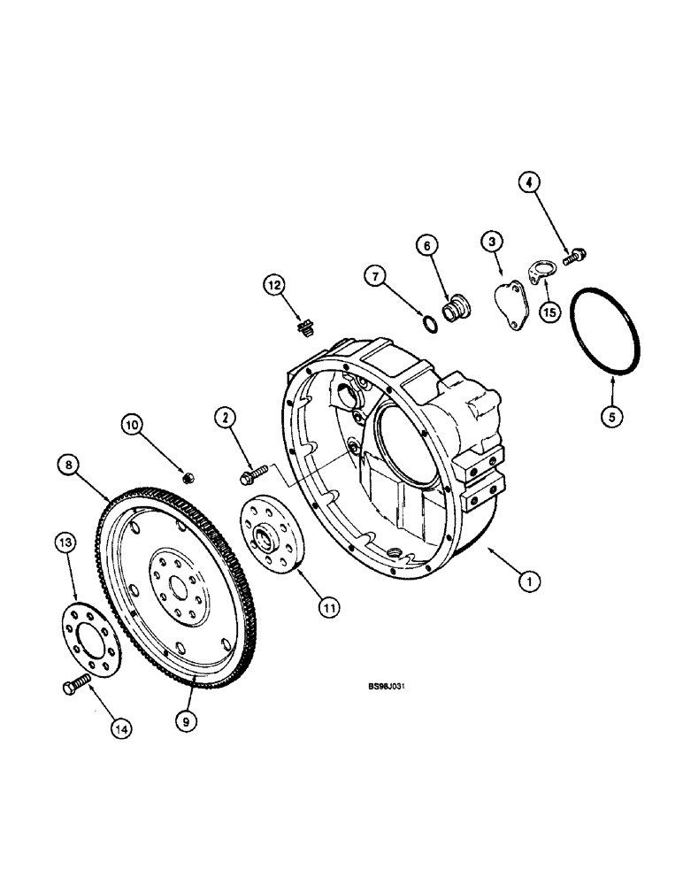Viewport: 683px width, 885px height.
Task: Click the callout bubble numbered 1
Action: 529,581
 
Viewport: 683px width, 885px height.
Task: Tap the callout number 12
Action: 275,284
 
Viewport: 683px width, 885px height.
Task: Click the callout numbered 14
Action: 122,727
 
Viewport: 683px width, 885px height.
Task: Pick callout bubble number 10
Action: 133,426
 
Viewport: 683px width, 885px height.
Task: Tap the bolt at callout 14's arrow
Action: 75,686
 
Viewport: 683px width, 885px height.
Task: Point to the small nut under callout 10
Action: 188,479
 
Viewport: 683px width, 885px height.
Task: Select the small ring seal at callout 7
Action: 428,327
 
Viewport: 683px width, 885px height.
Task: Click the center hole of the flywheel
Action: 177,587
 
